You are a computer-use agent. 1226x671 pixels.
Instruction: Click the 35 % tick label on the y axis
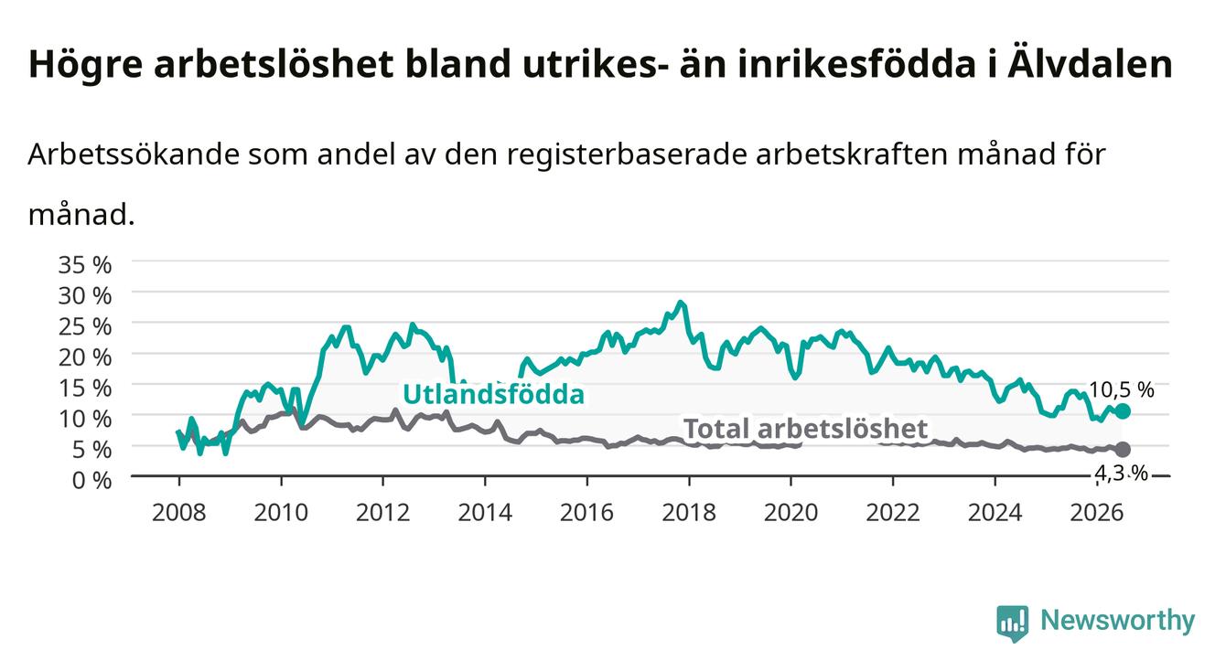[x=85, y=265]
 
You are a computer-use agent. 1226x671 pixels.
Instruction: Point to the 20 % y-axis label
[x=85, y=357]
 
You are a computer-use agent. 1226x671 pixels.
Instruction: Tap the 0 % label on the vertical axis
[x=91, y=481]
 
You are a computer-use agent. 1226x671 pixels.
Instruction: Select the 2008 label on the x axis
[x=179, y=513]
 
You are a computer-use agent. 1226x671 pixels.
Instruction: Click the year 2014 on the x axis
[x=485, y=513]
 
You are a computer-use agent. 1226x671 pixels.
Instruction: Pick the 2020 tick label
[x=790, y=513]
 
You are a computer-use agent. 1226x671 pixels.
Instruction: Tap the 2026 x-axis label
[x=1097, y=513]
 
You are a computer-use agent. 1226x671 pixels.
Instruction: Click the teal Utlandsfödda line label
[x=494, y=394]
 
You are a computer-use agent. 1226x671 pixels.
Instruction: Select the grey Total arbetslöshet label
[x=806, y=429]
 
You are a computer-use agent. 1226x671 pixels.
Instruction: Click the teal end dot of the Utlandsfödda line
[x=1123, y=411]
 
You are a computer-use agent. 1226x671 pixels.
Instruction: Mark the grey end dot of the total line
[x=1123, y=450]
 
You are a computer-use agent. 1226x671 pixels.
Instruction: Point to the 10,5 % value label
[x=1122, y=390]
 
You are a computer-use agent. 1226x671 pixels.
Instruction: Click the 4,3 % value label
[x=1122, y=473]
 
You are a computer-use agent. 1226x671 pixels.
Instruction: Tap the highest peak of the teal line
[x=681, y=302]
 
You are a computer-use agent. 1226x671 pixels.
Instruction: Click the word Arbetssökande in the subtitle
[x=134, y=154]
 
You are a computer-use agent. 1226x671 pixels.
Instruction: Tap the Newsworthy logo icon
[x=1013, y=623]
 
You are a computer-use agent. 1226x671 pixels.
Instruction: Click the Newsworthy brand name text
[x=1118, y=621]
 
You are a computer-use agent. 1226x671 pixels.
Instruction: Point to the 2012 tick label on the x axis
[x=383, y=513]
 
